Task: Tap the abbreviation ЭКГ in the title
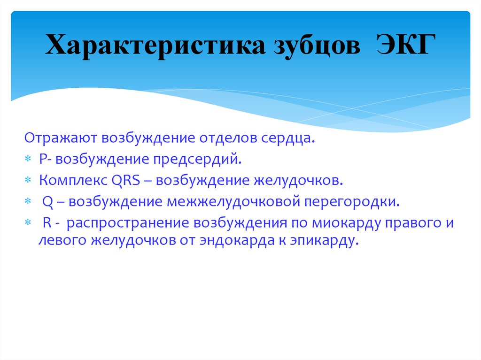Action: pos(403,47)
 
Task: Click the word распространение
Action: pos(127,223)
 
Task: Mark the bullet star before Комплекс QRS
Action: pos(28,181)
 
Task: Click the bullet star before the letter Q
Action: pos(28,202)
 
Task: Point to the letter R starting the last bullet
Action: pos(46,223)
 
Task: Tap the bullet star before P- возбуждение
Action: pos(28,160)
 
